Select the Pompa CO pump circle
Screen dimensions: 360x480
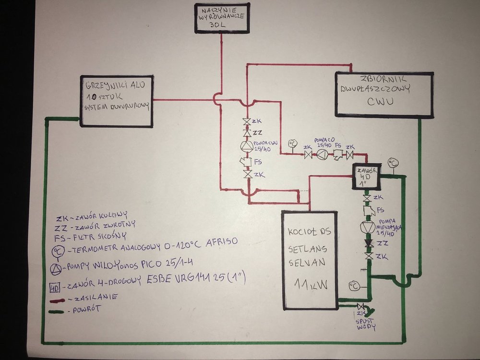(324, 155)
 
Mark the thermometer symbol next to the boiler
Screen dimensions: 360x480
(354, 286)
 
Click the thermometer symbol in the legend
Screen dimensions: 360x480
(57, 252)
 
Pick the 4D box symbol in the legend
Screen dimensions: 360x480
(56, 288)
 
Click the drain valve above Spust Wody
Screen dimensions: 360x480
(361, 306)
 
